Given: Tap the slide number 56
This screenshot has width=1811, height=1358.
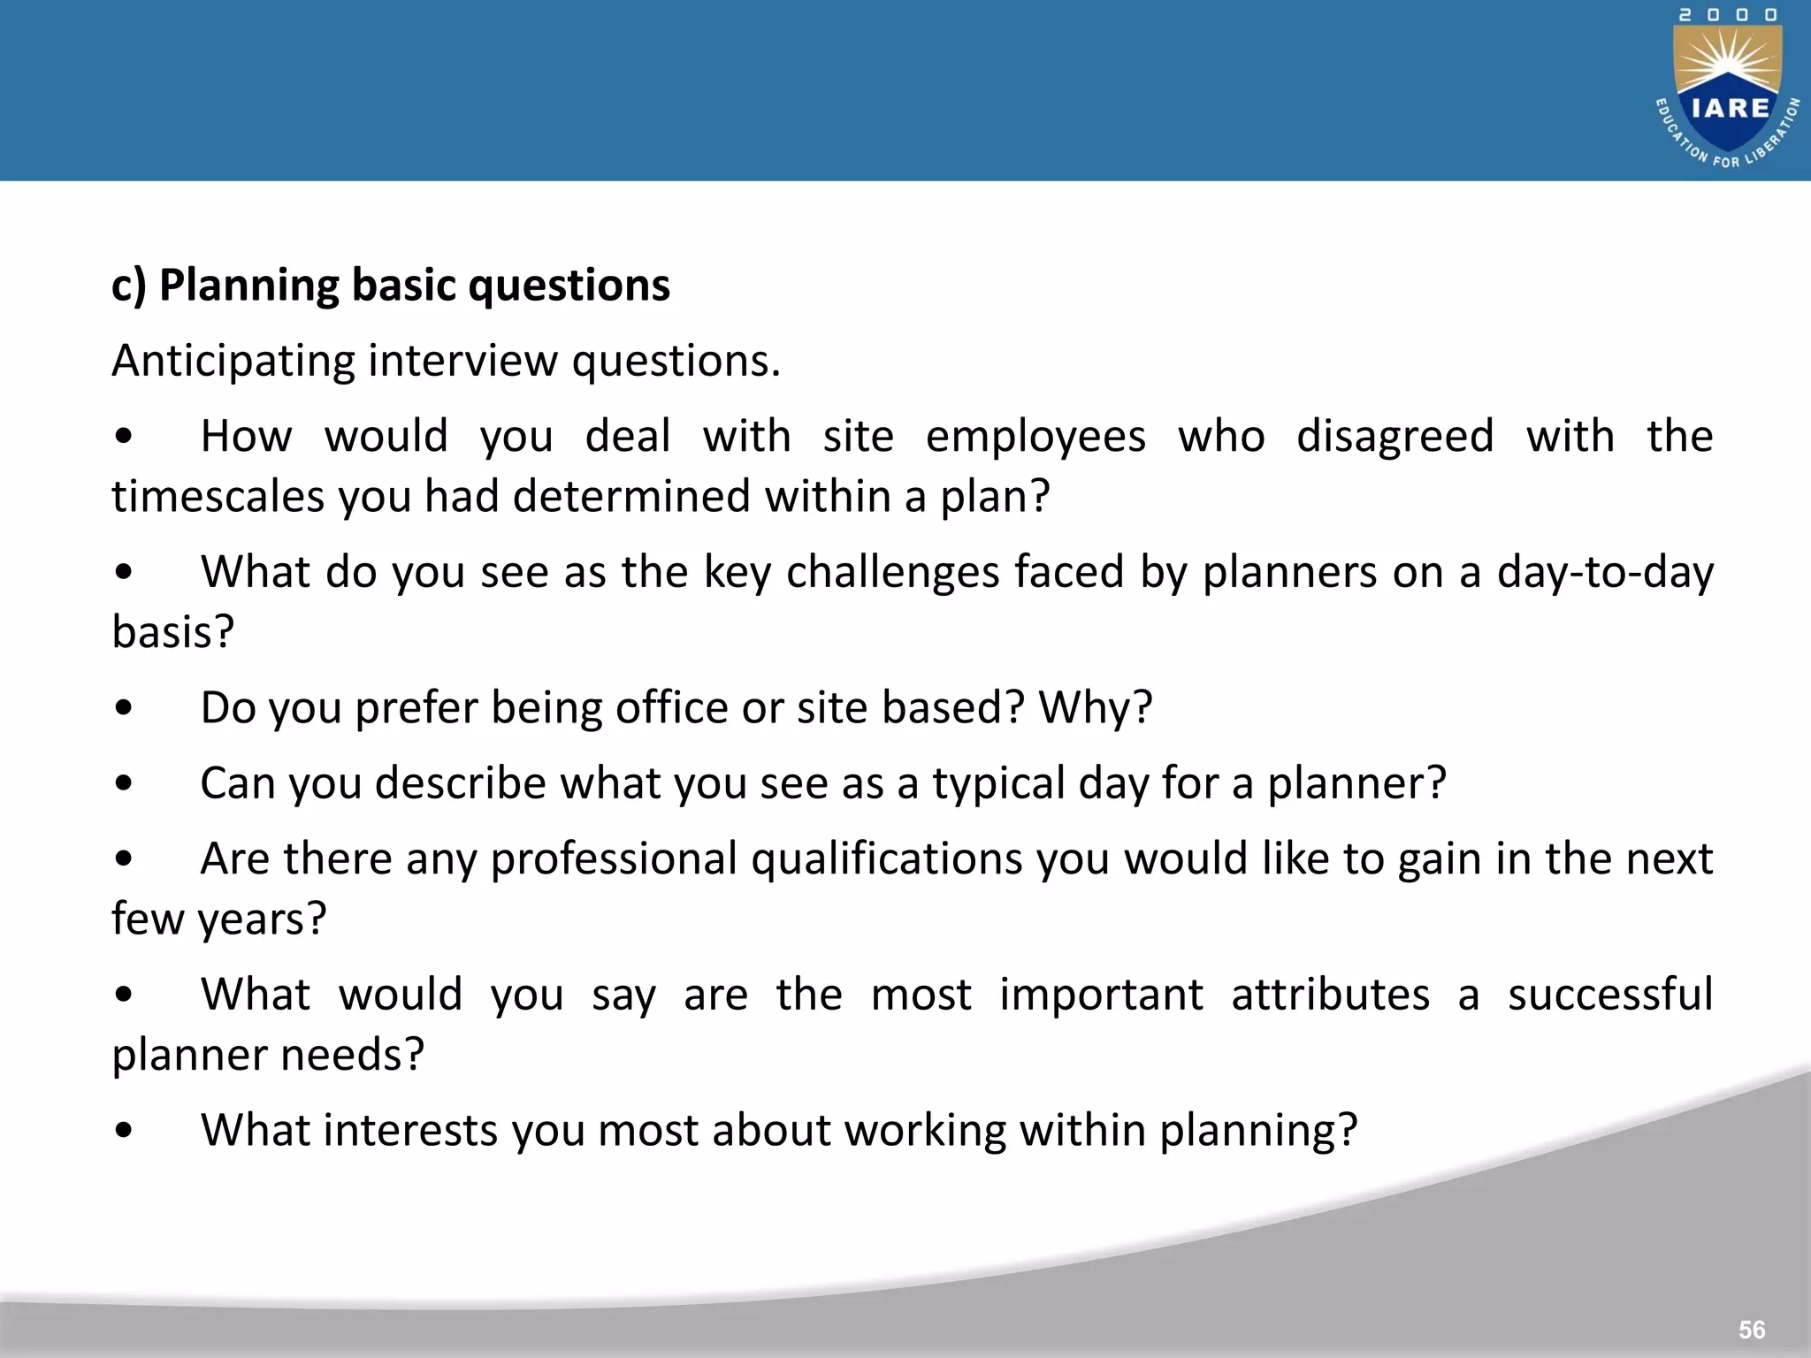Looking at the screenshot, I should (1751, 1330).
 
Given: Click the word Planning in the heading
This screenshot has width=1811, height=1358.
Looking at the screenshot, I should (248, 286).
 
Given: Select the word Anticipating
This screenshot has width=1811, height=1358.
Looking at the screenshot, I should (233, 362).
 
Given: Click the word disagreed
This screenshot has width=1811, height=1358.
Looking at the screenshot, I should (1395, 437).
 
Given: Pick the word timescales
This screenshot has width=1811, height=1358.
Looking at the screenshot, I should (218, 497).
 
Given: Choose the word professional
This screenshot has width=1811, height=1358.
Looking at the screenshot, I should (614, 859).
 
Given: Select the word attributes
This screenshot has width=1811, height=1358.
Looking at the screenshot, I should (1330, 995).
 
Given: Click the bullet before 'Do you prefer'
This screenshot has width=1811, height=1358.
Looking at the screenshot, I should (124, 708).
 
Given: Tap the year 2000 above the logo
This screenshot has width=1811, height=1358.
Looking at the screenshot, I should (1728, 15).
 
